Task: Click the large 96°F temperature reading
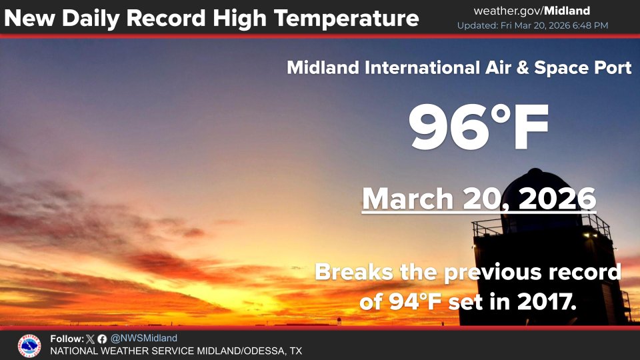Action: [x=479, y=128]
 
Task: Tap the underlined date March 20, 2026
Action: [x=479, y=199]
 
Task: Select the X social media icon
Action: [x=91, y=339]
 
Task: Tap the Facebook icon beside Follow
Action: [x=101, y=339]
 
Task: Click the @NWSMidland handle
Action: [x=144, y=339]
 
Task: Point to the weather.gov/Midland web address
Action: [x=531, y=11]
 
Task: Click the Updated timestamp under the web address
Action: [x=532, y=25]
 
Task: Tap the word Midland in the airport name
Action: [x=323, y=68]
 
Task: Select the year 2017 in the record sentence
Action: [x=545, y=302]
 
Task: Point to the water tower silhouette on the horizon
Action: [x=339, y=321]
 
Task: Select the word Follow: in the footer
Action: [x=67, y=339]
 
